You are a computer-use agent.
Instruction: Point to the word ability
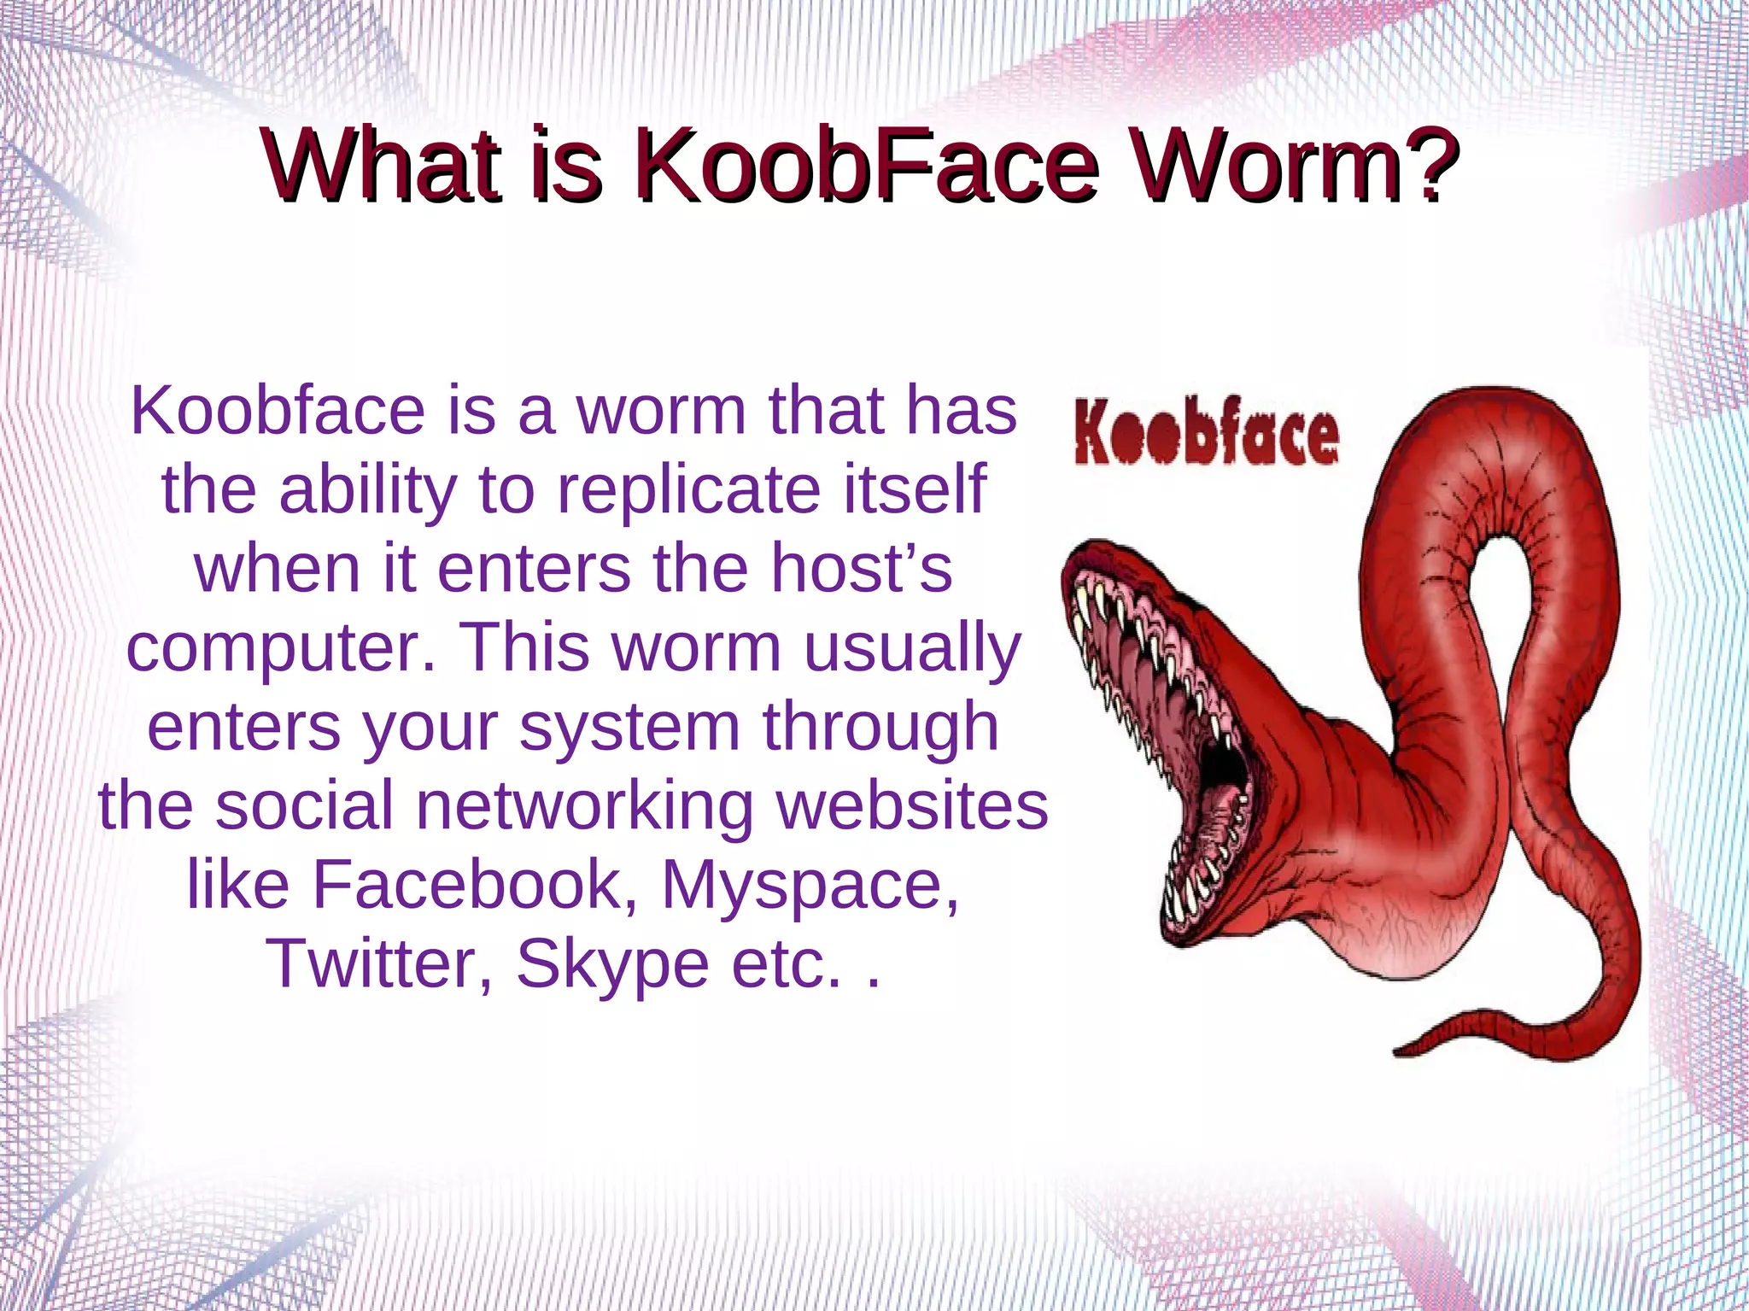[368, 490]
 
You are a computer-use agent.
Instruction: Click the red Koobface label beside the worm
[1206, 436]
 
